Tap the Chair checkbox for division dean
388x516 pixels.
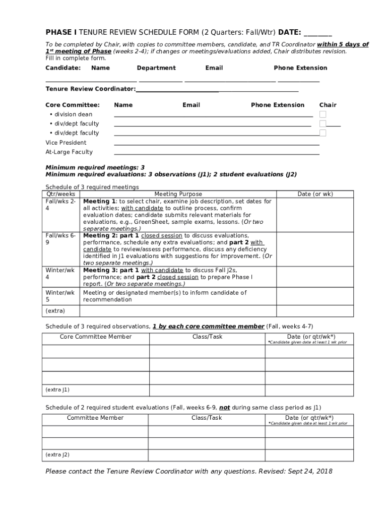[x=322, y=114]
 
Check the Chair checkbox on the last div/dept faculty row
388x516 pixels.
[x=322, y=133]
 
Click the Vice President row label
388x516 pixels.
[x=66, y=143]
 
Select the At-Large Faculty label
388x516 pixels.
[x=69, y=152]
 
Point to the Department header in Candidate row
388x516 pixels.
[x=156, y=68]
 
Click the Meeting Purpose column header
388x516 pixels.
[x=178, y=194]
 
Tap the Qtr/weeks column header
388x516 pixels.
[x=61, y=194]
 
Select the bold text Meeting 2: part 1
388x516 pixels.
[x=111, y=235]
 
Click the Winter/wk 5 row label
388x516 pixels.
[x=60, y=296]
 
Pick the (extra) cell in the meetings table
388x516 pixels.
[x=55, y=311]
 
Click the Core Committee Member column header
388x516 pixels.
[x=96, y=337]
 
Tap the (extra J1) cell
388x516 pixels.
[x=57, y=390]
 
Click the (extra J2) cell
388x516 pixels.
[x=57, y=455]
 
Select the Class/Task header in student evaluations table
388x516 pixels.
[x=207, y=418]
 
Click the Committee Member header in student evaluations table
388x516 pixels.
[x=95, y=418]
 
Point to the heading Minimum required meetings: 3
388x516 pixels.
[x=95, y=167]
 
